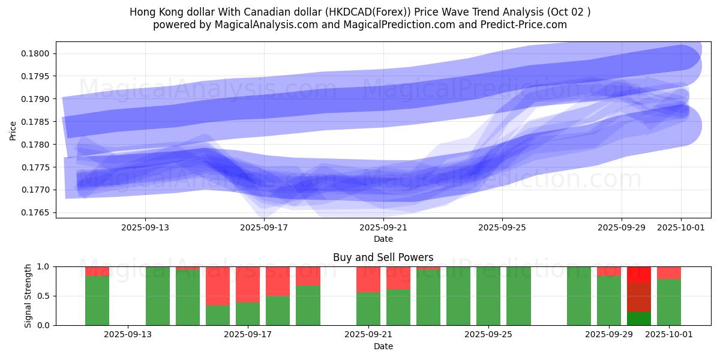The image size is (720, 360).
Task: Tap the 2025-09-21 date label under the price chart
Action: (383, 227)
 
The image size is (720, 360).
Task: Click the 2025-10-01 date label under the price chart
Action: (681, 227)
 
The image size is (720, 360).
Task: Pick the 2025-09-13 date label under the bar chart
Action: (128, 334)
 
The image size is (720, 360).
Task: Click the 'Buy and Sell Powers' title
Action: (383, 257)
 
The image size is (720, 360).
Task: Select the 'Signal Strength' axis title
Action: (28, 296)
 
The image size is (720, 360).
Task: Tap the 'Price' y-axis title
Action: (13, 130)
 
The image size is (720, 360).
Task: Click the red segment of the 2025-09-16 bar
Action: (218, 286)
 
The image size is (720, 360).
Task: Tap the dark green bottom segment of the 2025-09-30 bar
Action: (639, 319)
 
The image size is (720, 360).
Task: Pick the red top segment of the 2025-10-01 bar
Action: (669, 272)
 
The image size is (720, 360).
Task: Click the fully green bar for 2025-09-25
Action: (488, 296)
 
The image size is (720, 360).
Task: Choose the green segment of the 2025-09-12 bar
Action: (97, 301)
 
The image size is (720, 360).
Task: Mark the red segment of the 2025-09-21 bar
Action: (368, 279)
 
